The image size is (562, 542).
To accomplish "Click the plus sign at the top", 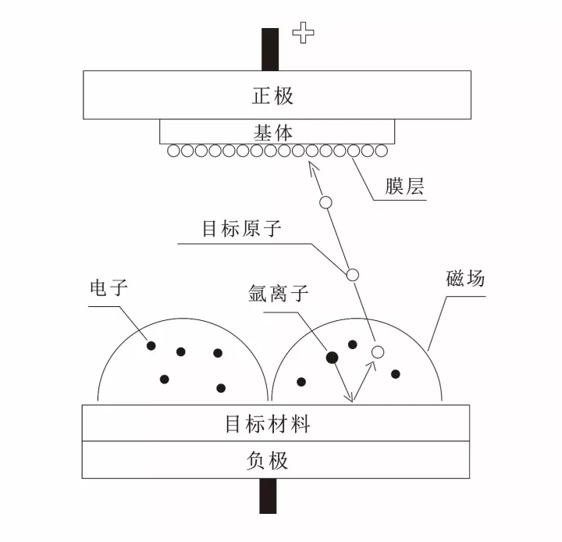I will (x=303, y=34).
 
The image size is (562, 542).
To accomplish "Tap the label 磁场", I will (x=465, y=278).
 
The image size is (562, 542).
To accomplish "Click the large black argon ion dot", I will (x=332, y=358).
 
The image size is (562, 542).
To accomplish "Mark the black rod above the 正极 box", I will (x=270, y=49).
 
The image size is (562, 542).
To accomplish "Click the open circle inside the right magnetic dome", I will (x=378, y=352).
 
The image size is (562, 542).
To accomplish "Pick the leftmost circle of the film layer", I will (x=172, y=151).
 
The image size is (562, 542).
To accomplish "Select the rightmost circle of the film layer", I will (x=382, y=151).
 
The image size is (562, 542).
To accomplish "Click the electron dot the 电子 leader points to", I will (x=151, y=345).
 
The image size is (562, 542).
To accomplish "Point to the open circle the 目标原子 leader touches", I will (x=352, y=275).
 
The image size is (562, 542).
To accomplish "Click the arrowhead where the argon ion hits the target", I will (x=352, y=399).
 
